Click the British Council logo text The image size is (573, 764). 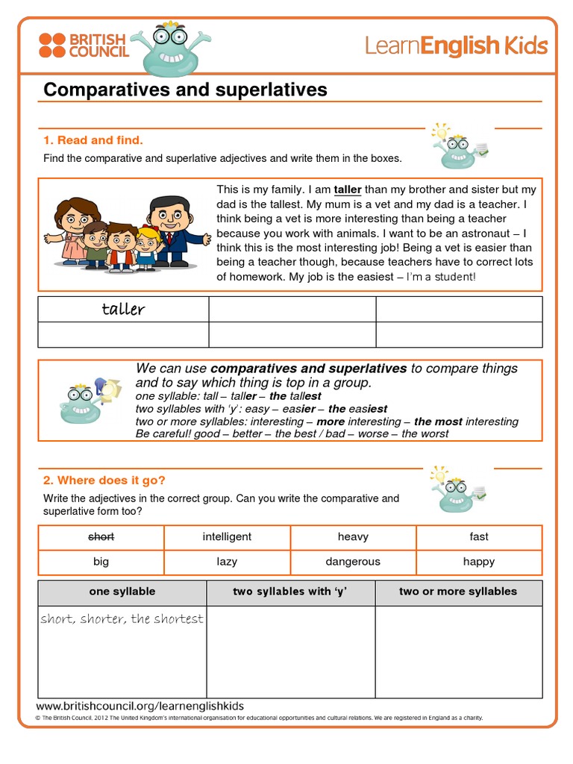[98, 46]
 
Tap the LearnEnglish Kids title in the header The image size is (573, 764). [456, 46]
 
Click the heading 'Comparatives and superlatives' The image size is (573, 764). [185, 90]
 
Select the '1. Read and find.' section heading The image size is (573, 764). [93, 140]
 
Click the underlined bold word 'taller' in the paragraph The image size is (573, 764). [348, 190]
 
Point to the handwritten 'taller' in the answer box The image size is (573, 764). [123, 310]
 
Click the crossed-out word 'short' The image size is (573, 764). [101, 536]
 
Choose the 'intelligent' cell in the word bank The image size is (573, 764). [227, 536]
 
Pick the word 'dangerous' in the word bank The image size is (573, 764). [353, 562]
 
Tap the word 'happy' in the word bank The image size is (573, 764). [479, 562]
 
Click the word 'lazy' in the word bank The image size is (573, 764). [227, 562]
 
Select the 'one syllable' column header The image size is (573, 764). [122, 592]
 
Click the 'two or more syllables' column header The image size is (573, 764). [458, 592]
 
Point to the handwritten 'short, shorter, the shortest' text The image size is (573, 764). [122, 619]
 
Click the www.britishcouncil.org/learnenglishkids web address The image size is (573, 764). [140, 706]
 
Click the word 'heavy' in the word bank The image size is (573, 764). [353, 536]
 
